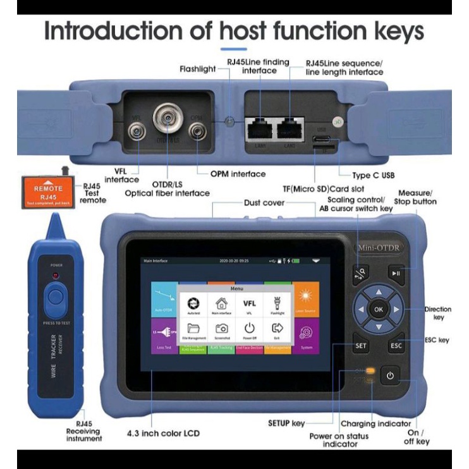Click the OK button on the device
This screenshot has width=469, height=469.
point(378,310)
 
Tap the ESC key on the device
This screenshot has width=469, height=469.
point(396,346)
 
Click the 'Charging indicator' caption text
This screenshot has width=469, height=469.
point(376,423)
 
